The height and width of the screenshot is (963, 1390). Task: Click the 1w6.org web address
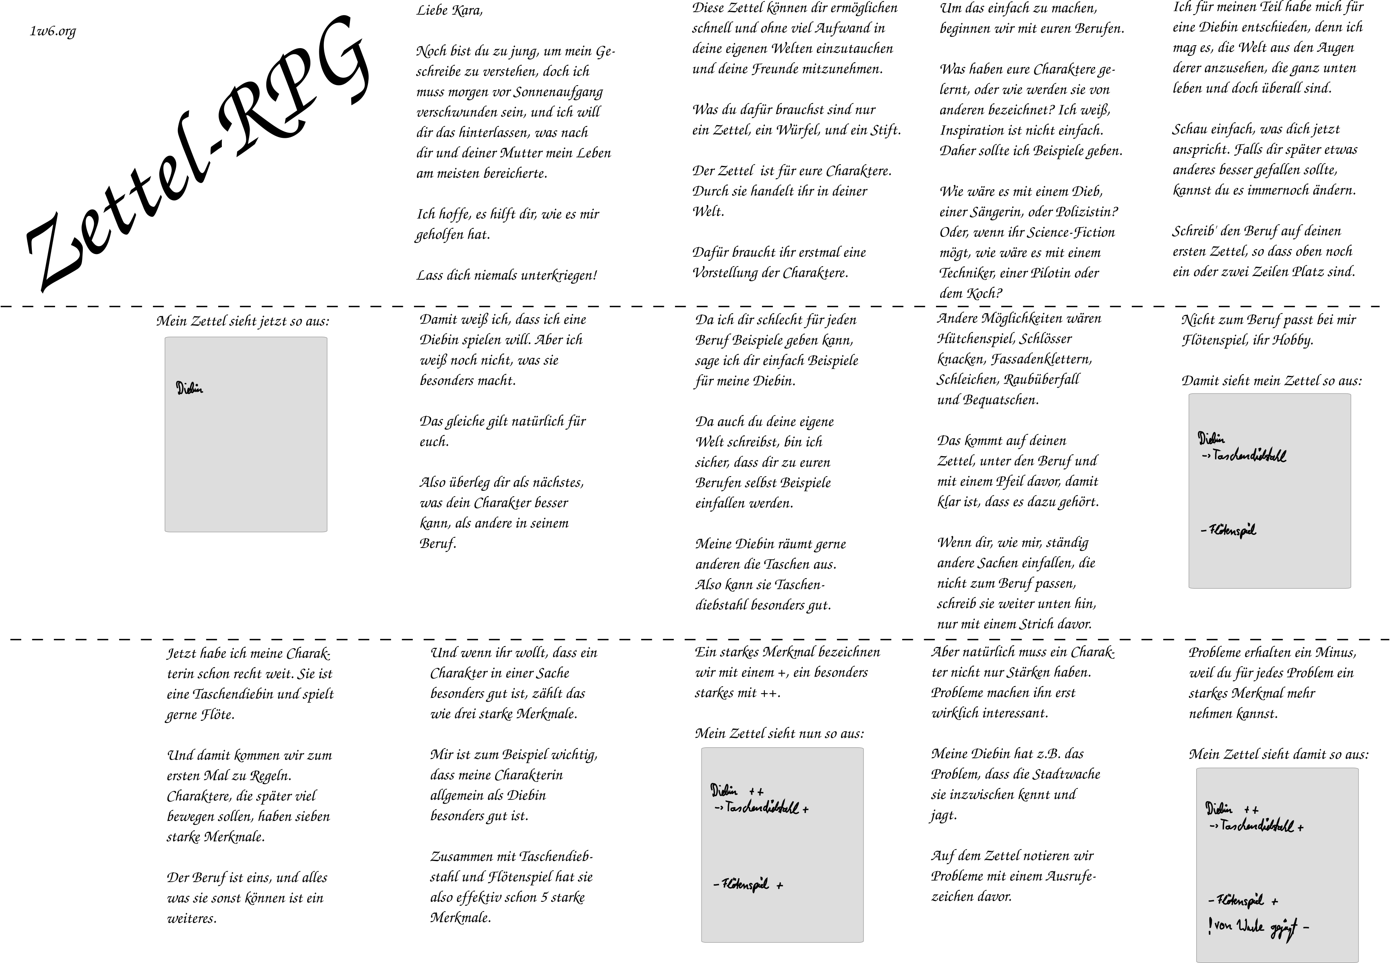(x=53, y=31)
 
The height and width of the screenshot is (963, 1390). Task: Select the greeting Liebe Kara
(x=449, y=10)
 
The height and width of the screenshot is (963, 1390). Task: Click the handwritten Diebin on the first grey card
(x=190, y=389)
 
